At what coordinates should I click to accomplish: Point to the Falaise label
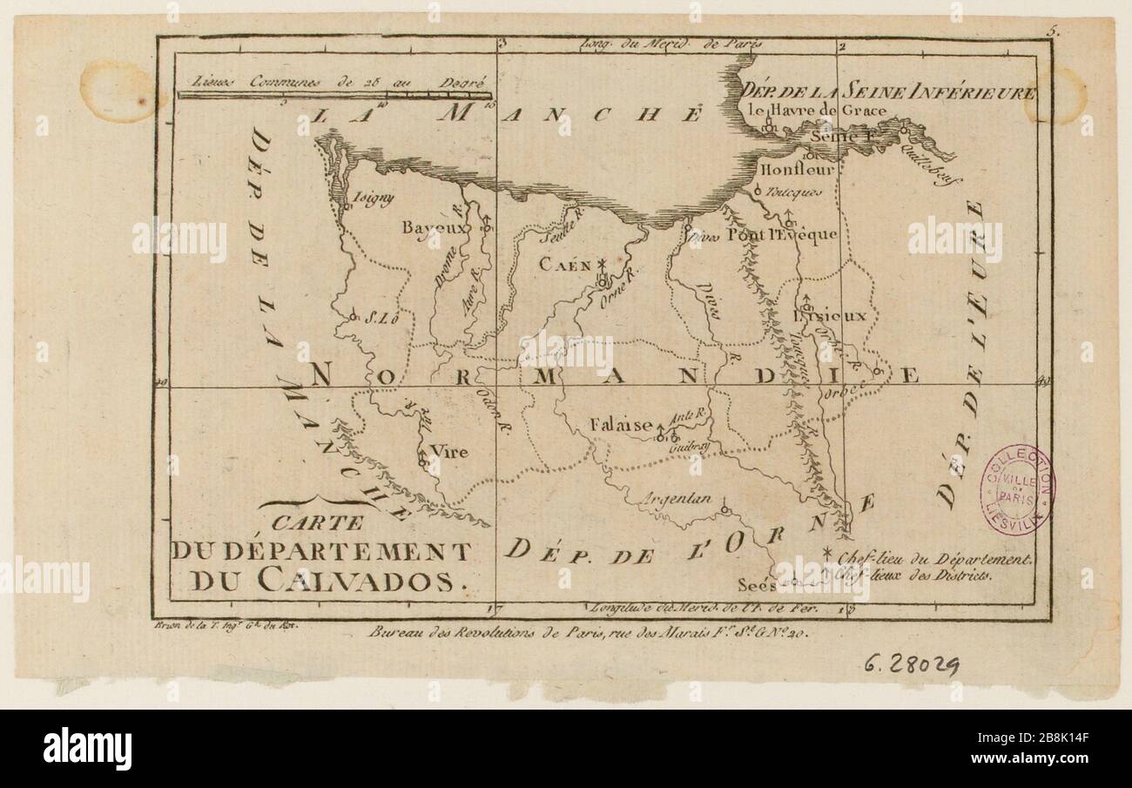pyautogui.click(x=620, y=425)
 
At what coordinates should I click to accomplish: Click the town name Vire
pyautogui.click(x=449, y=452)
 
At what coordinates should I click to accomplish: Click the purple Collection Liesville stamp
pyautogui.click(x=1016, y=489)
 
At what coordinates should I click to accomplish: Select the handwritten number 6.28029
pyautogui.click(x=912, y=666)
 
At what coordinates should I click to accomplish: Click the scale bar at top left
pyautogui.click(x=334, y=93)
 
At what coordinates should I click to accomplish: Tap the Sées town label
pyautogui.click(x=754, y=584)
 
